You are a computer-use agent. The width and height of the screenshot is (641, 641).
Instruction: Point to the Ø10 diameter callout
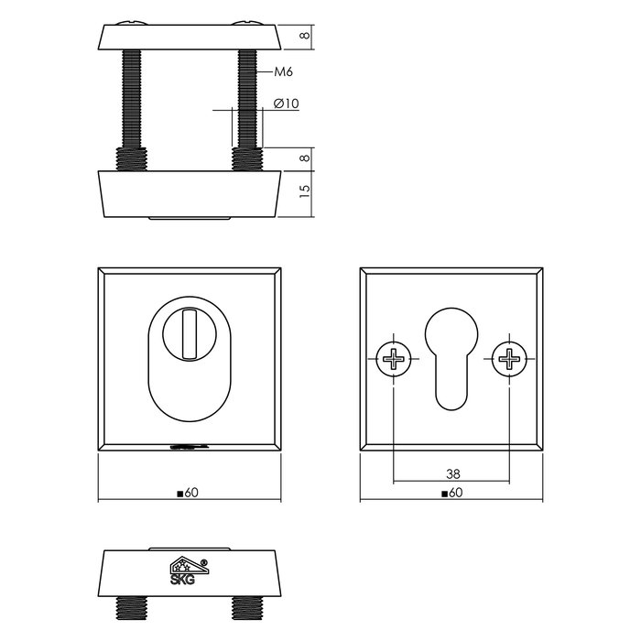tap(287, 104)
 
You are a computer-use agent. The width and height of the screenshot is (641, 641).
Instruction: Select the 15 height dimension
tap(305, 192)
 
